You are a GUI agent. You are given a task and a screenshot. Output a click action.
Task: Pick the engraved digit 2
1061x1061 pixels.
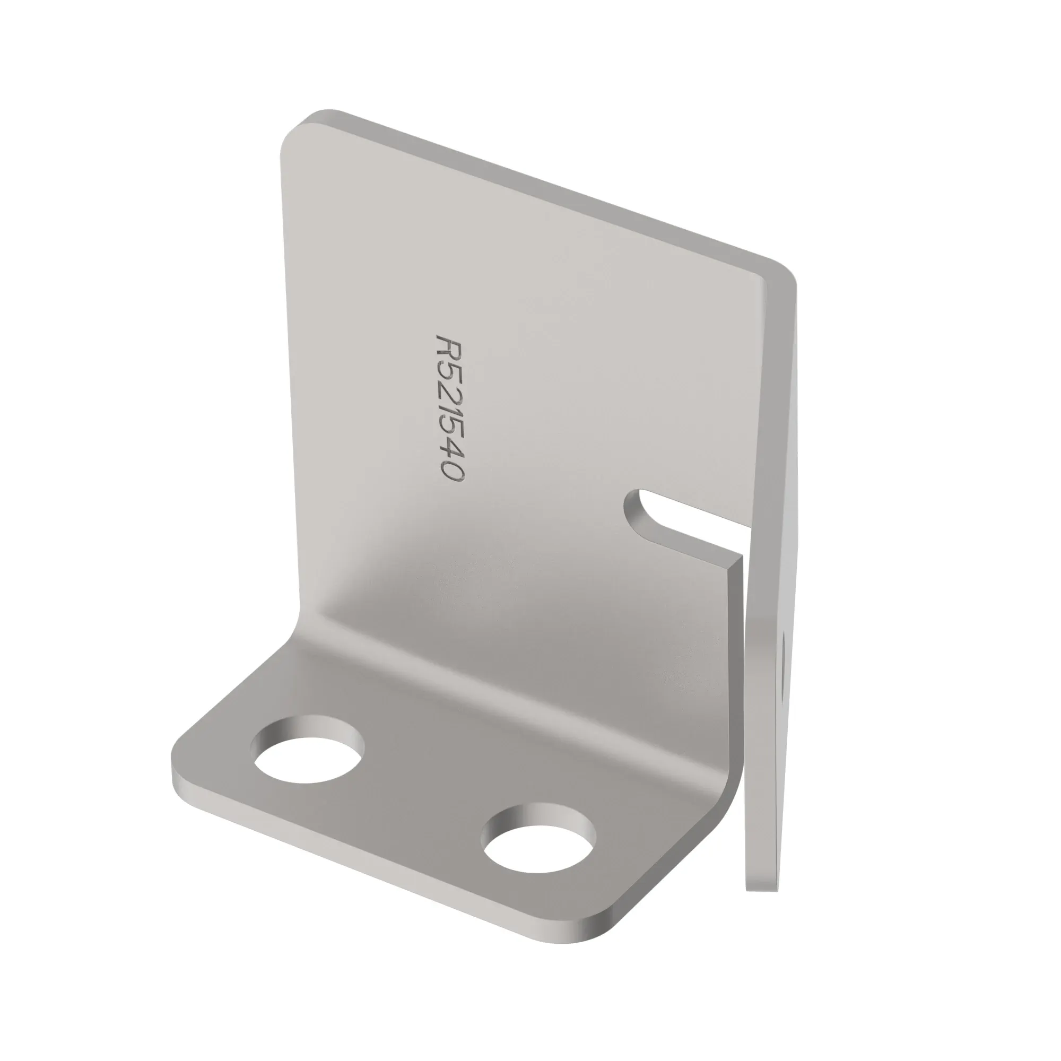(450, 393)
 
